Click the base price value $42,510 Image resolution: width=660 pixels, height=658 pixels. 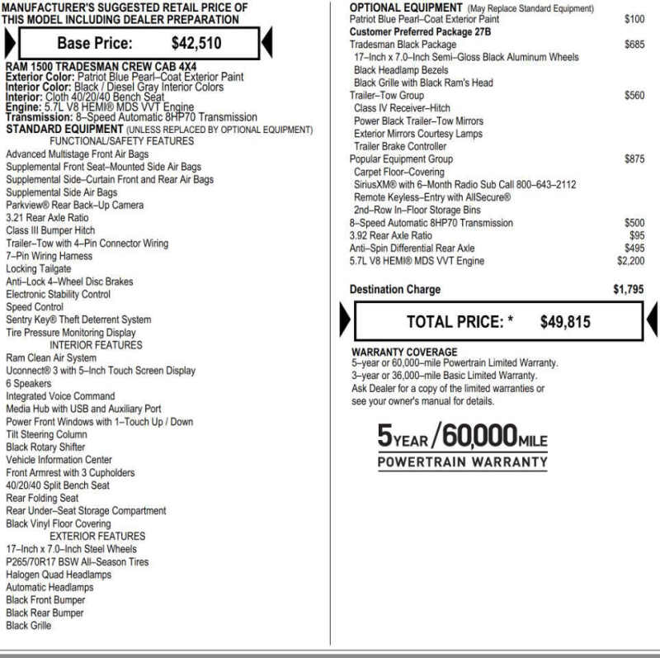click(196, 44)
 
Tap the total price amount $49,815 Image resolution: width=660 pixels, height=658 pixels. click(565, 322)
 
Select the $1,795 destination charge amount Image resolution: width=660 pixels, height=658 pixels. click(628, 290)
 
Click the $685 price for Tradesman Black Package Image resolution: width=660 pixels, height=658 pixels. click(634, 45)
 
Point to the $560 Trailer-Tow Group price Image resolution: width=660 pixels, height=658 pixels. click(634, 96)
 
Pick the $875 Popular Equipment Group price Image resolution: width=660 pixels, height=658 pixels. click(634, 159)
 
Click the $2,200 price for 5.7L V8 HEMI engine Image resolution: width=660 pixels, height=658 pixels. click(630, 261)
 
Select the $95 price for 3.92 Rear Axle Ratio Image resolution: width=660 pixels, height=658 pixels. click(637, 235)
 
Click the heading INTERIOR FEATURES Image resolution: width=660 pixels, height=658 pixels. click(96, 345)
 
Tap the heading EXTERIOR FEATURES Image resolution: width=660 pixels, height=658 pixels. click(97, 536)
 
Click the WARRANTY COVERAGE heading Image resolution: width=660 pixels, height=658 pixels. click(404, 352)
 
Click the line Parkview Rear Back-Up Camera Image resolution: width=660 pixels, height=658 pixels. click(74, 205)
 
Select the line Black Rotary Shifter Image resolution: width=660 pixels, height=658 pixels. click(45, 447)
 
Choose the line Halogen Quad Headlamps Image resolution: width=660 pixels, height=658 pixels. click(59, 575)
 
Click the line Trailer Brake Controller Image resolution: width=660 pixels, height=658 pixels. click(400, 146)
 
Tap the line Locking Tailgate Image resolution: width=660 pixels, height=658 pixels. click(39, 269)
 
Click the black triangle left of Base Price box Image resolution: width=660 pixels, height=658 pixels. click(9, 43)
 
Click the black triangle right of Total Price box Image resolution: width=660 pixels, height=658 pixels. click(651, 320)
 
